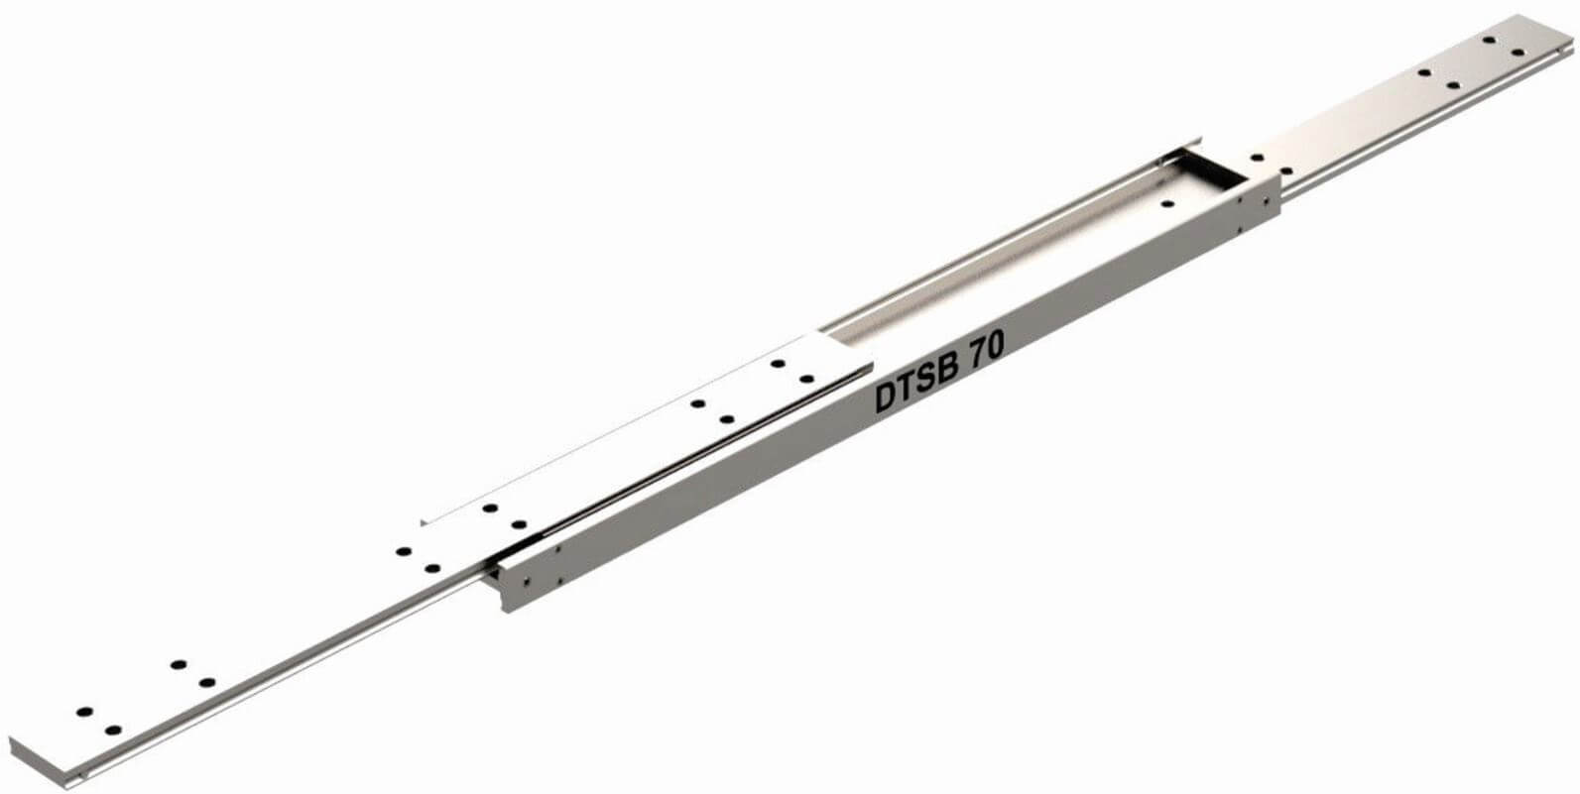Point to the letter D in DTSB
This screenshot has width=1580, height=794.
(x=886, y=399)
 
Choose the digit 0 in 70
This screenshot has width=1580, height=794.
(x=995, y=346)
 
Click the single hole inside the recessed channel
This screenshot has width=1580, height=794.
(x=1166, y=204)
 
